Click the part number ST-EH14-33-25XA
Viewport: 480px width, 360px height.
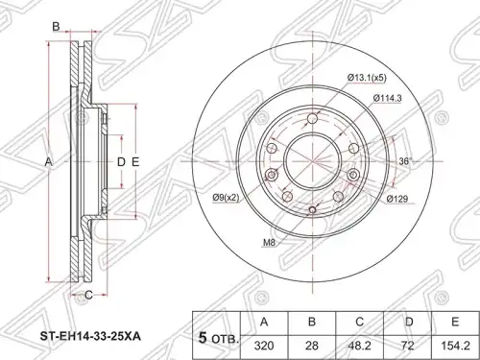[90, 337]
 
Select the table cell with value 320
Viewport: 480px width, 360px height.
[264, 346]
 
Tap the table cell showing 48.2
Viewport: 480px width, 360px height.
[359, 346]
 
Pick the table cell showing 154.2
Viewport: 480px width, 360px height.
[455, 346]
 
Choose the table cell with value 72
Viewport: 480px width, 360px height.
[407, 346]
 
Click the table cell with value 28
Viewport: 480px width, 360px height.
[312, 346]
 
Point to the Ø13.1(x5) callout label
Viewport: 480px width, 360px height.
[367, 78]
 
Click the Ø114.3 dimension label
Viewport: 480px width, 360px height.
[387, 99]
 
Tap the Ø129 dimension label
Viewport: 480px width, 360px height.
[397, 199]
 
